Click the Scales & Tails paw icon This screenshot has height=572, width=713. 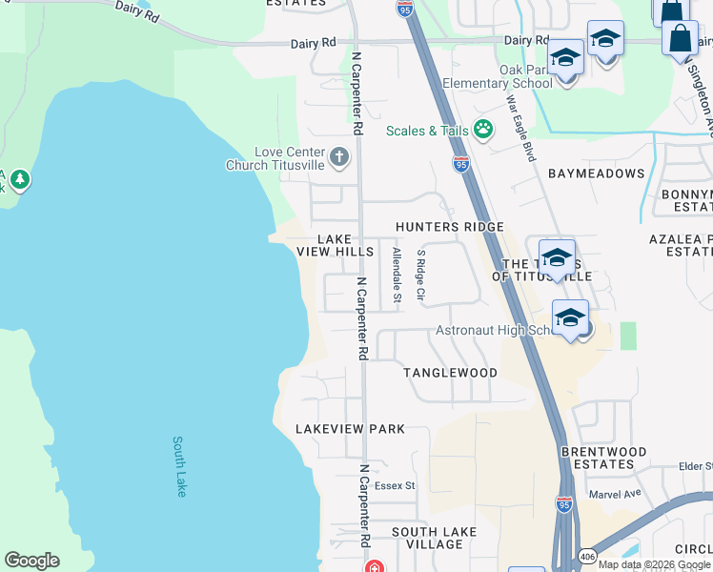483,129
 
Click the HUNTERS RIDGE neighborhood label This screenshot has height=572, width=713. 450,227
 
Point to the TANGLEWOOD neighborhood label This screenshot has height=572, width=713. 450,372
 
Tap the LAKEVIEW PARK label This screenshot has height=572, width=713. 350,429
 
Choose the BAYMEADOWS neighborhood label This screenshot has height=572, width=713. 596,174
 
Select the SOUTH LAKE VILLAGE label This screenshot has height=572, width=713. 426,539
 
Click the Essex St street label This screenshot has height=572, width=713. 395,485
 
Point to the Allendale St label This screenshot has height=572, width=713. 397,276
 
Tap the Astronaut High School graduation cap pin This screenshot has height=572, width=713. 570,318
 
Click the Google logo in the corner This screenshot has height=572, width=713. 31,561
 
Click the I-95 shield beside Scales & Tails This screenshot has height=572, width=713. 461,164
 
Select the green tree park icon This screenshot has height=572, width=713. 19,178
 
